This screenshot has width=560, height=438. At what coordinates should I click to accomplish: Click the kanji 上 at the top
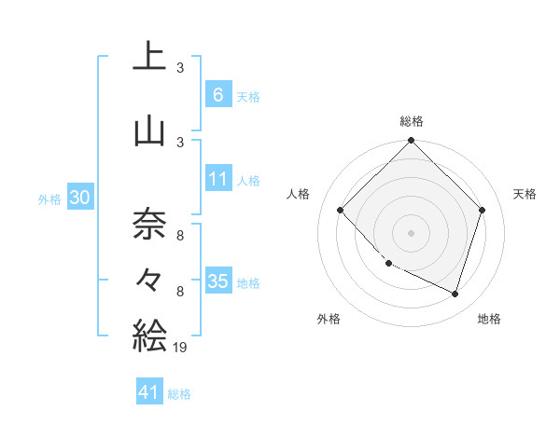pyautogui.click(x=149, y=56)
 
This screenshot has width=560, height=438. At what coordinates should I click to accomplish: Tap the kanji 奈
pyautogui.click(x=149, y=222)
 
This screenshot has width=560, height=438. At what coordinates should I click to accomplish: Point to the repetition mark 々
pyautogui.click(x=149, y=278)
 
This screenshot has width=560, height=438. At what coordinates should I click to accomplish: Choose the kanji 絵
pyautogui.click(x=149, y=334)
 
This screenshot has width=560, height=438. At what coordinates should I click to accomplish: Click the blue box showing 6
pyautogui.click(x=217, y=94)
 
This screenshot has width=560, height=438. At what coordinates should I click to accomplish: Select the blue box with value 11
pyautogui.click(x=217, y=179)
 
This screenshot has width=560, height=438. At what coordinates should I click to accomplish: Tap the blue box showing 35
pyautogui.click(x=217, y=281)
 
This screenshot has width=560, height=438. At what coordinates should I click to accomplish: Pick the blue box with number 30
pyautogui.click(x=79, y=198)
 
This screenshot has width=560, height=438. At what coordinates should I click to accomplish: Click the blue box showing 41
pyautogui.click(x=149, y=392)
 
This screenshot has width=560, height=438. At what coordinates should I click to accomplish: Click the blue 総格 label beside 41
pyautogui.click(x=179, y=394)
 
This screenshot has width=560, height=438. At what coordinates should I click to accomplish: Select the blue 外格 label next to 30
pyautogui.click(x=49, y=198)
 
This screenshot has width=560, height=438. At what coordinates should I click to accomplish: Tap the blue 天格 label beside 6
pyautogui.click(x=248, y=96)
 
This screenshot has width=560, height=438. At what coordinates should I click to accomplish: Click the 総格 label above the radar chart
pyautogui.click(x=411, y=121)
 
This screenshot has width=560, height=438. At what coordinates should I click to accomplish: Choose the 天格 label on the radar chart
pyautogui.click(x=525, y=194)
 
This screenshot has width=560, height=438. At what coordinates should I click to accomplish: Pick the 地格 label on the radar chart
pyautogui.click(x=489, y=320)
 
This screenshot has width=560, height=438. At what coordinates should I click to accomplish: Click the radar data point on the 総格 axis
pyautogui.click(x=411, y=143)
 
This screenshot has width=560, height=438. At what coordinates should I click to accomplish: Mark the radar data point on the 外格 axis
pyautogui.click(x=389, y=264)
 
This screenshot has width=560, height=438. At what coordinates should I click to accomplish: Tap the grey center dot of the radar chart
pyautogui.click(x=411, y=232)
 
